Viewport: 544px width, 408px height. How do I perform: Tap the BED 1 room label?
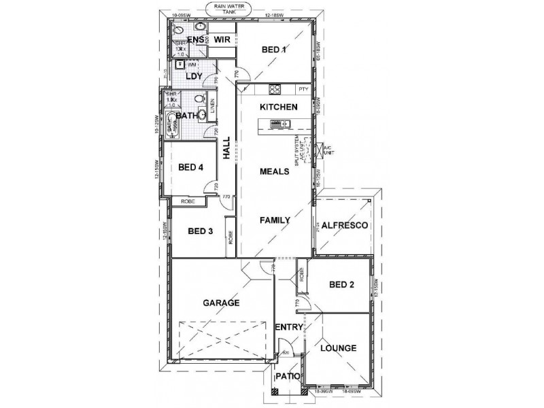click(x=275, y=50)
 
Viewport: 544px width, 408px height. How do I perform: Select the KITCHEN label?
click(x=277, y=107)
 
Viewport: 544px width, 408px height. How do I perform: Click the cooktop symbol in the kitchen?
click(x=275, y=89)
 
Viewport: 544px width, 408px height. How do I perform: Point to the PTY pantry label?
click(x=303, y=89)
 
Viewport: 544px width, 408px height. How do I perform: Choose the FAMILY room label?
click(x=275, y=220)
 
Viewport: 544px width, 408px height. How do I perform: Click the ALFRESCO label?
click(x=345, y=224)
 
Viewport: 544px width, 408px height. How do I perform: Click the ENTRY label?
click(x=289, y=328)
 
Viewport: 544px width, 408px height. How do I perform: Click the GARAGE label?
click(x=222, y=303)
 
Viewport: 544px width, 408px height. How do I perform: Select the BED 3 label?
click(x=201, y=231)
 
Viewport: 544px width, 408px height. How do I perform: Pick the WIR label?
click(x=222, y=40)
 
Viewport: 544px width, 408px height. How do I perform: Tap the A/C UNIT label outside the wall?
click(x=330, y=149)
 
